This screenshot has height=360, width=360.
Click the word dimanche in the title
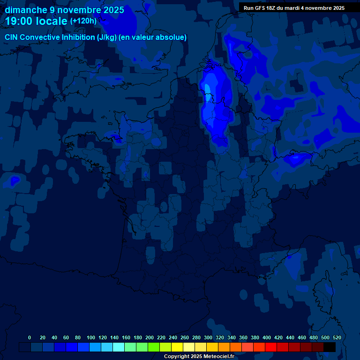coord(25,10)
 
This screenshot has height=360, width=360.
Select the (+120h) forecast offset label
coord(83,21)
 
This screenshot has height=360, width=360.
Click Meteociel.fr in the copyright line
coord(219,357)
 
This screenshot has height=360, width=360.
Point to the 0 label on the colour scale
coord(30,337)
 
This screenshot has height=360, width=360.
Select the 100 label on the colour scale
coord(91,337)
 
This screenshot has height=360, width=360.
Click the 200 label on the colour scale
coord(150,337)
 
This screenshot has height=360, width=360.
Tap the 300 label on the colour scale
coord(208,337)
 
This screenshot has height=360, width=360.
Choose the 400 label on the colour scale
coord(267,337)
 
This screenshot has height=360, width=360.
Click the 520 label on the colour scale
coord(337,337)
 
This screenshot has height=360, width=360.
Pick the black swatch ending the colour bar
coord(330,347)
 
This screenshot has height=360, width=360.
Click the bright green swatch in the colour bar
coord(154,347)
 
